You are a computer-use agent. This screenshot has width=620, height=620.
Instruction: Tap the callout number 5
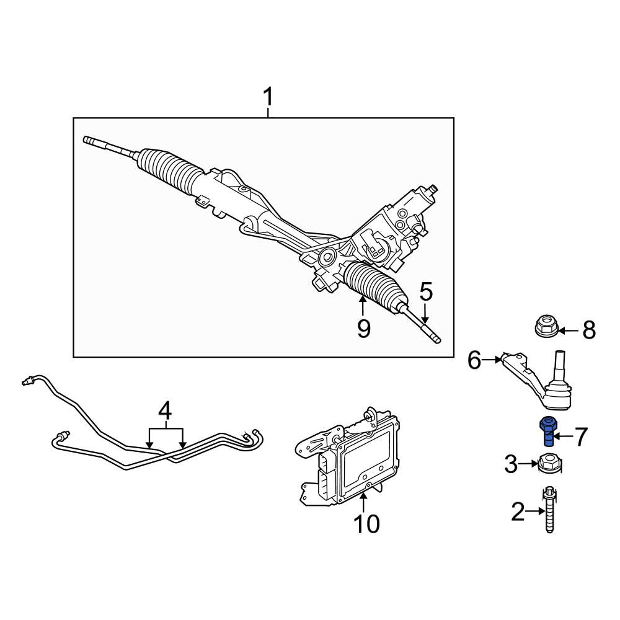427,292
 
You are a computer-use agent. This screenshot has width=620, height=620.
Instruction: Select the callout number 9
364,329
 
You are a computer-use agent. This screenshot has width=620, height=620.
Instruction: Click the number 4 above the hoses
165,410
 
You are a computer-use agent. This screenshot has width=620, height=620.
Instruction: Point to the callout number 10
366,524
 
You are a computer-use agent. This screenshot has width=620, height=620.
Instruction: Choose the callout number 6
474,360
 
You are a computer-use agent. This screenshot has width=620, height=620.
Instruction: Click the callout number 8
589,330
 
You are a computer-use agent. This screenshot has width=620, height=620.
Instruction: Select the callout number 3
511,464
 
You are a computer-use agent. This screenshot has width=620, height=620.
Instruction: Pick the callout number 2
518,511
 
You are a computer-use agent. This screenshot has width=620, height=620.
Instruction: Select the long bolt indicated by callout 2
549,509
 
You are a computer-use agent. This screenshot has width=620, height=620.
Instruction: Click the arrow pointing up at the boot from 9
362,306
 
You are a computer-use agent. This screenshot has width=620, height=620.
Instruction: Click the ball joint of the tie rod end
558,397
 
